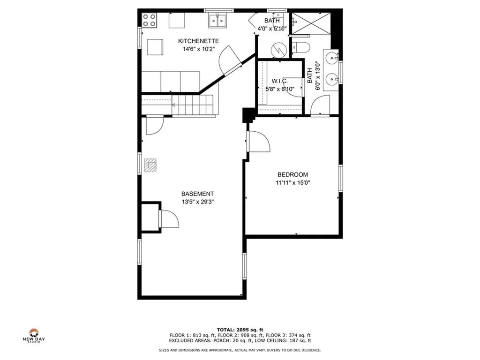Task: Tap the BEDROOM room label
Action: (x=292, y=175)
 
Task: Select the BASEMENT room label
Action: (x=198, y=194)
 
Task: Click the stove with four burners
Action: (x=150, y=20)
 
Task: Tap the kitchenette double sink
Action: (x=218, y=21)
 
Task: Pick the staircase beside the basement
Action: (x=193, y=104)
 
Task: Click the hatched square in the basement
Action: (x=151, y=165)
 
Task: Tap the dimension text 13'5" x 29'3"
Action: (x=198, y=202)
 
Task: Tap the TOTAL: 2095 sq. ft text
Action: (x=240, y=330)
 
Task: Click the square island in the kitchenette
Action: (x=156, y=47)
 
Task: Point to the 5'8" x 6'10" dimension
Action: (x=279, y=89)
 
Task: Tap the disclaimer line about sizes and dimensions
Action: (x=240, y=350)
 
